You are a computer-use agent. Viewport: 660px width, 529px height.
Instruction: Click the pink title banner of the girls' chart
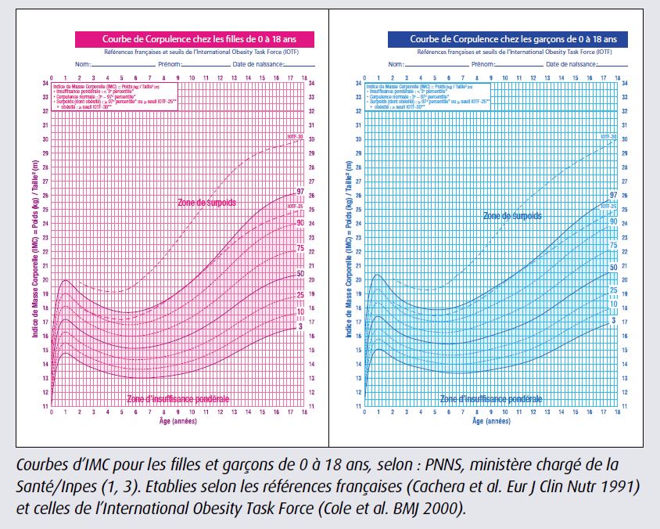pyautogui.click(x=195, y=39)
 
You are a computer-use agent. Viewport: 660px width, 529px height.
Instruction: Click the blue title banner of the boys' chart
pyautogui.click(x=513, y=38)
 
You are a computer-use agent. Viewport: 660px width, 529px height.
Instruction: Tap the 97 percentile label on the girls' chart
pyautogui.click(x=300, y=193)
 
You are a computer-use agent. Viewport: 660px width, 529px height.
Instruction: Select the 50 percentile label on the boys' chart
pyautogui.click(x=613, y=268)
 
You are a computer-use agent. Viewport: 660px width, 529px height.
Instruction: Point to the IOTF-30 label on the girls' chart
pyautogui.click(x=296, y=138)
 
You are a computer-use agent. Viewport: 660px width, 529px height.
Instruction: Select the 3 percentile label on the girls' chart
pyautogui.click(x=300, y=326)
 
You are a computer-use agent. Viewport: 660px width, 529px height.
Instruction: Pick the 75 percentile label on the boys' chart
pyautogui.click(x=613, y=245)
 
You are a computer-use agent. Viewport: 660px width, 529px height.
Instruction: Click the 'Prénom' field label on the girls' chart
pyautogui.click(x=170, y=64)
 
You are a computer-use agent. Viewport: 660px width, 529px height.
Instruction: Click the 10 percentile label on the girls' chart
pyautogui.click(x=300, y=312)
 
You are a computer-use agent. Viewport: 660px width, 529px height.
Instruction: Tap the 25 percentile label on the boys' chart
pyautogui.click(x=613, y=290)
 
